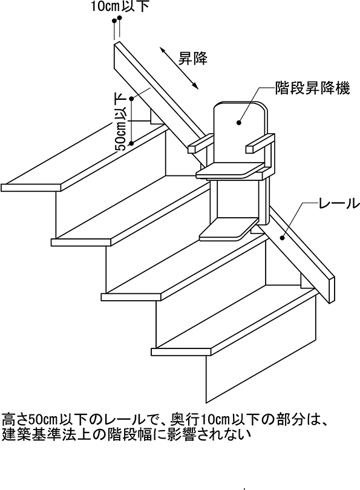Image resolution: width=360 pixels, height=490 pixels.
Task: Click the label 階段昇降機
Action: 312,88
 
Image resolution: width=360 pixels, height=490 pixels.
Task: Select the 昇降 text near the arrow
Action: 192,58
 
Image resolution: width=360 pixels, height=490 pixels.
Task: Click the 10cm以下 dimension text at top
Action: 120,7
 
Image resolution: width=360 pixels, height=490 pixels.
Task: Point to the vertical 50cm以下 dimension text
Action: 121,122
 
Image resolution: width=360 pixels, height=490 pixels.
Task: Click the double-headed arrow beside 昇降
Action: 178,68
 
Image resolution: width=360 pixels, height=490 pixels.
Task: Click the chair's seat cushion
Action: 230,171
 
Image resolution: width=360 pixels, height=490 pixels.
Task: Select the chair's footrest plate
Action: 227,230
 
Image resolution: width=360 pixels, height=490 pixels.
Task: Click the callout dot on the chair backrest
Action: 239,123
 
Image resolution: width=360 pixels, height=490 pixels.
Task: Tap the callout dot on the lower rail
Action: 282,238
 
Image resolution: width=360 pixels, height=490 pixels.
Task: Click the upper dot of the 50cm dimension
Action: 131,99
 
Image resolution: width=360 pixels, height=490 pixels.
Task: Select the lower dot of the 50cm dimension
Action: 131,143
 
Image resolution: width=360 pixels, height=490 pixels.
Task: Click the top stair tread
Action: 84,156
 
